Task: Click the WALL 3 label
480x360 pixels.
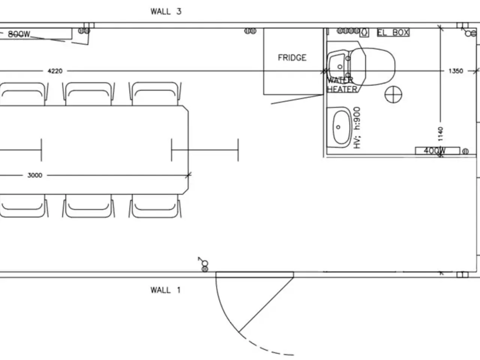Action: coord(166,11)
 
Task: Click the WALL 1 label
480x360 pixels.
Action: coord(165,290)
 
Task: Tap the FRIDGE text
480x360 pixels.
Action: coord(292,58)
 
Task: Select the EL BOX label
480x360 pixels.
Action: coord(393,33)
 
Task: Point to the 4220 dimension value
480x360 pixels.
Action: coord(55,71)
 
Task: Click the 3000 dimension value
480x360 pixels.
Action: coord(35,175)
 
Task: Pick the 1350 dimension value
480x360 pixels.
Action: coord(456,71)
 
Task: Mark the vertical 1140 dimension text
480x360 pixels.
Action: coord(440,134)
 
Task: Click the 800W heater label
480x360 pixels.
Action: coord(19,34)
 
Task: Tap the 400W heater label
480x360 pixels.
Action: coord(435,151)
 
